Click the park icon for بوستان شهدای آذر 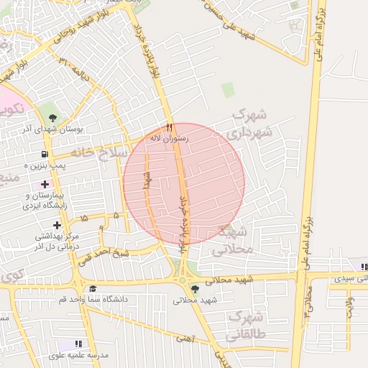(52, 116)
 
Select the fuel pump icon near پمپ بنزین (45, 154)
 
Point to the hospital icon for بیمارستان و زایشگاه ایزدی (45, 185)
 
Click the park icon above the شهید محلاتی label (195, 289)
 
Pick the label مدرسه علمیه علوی (78, 355)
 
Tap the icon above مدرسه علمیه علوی (78, 344)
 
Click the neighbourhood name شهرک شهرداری (248, 124)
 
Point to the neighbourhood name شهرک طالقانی (247, 325)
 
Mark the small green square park (228, 90)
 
